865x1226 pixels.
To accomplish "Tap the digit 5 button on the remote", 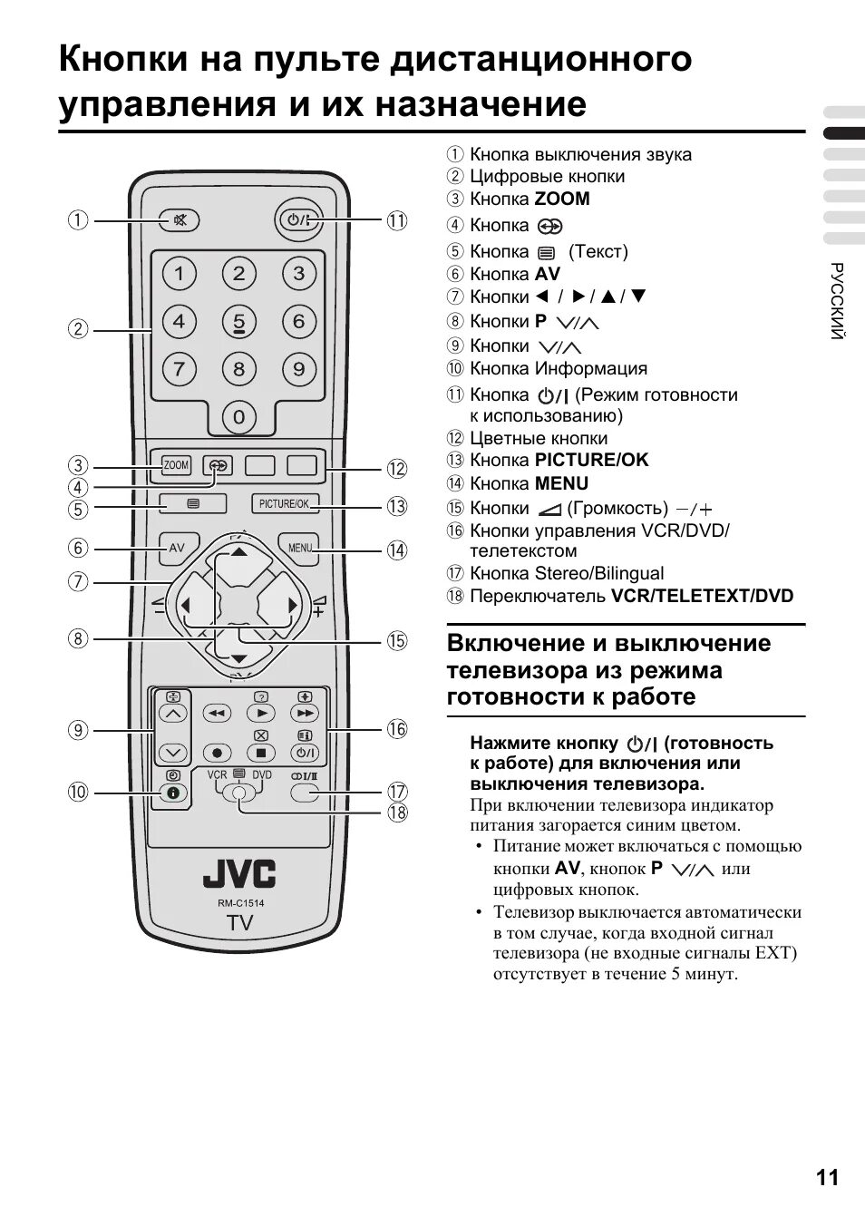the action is coord(238,322).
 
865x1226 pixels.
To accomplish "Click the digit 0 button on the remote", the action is coord(238,417).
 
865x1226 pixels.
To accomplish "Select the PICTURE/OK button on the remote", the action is coord(284,503).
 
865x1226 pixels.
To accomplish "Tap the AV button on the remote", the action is coord(177,548).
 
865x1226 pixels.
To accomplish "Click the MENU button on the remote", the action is coord(300,548).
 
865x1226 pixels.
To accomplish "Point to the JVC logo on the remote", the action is coord(239,874).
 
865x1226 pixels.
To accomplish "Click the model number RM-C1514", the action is coord(240,903).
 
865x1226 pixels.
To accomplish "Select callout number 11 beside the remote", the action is coord(397,220).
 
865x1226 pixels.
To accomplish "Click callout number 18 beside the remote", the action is coord(397,812).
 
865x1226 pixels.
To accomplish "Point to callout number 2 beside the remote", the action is coord(80,329).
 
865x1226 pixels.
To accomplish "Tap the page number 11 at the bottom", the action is coord(827,1178).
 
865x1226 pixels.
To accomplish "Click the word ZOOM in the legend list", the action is coord(562,199).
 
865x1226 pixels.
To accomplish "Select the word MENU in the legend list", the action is coord(561,484).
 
